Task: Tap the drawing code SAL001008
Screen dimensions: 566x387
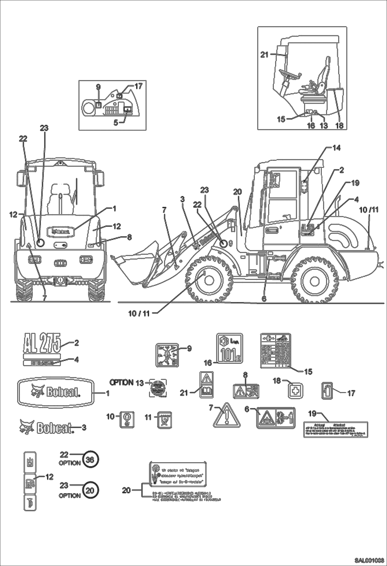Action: coord(369,559)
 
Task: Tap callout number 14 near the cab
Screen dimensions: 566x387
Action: coord(336,148)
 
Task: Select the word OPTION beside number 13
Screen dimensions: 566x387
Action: coord(122,382)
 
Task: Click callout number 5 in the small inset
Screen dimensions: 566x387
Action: coord(116,123)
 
